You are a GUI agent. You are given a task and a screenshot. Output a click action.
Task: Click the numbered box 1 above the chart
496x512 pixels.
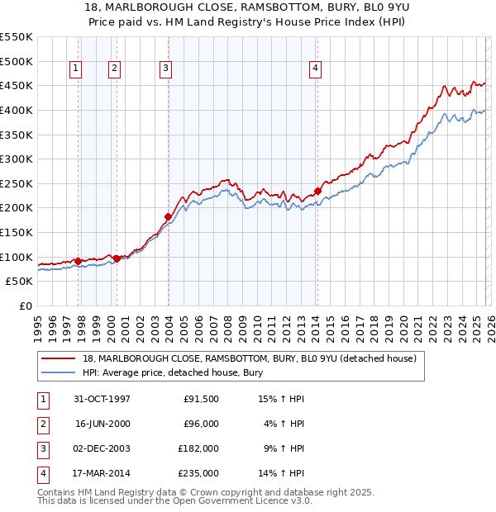click(75, 69)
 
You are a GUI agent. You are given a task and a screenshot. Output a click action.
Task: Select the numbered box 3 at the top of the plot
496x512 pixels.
click(166, 69)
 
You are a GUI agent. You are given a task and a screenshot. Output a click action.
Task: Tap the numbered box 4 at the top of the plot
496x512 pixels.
click(316, 69)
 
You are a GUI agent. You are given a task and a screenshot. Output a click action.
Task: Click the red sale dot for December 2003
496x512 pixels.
click(168, 217)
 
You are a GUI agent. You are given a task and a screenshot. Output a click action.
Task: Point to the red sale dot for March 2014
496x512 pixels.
click(317, 192)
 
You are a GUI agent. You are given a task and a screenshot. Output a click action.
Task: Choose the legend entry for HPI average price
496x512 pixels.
click(173, 372)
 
